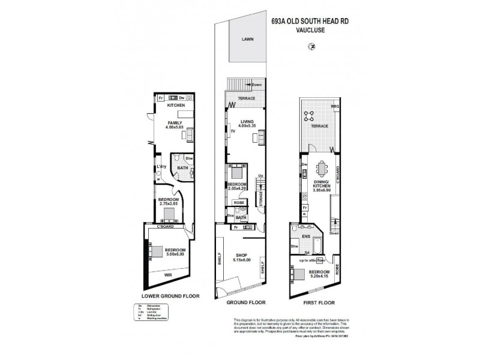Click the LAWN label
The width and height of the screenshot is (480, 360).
247,38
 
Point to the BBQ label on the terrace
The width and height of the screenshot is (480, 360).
335,106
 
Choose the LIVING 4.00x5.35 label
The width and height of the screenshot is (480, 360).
246,124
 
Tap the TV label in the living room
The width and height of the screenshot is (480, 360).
232,130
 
